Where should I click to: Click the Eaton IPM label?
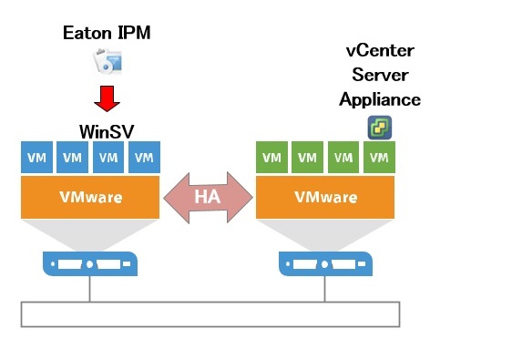[x=107, y=33]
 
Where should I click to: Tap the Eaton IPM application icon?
[x=108, y=62]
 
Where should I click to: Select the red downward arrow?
[x=108, y=96]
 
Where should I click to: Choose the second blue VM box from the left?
[x=72, y=157]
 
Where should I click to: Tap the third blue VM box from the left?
[x=108, y=157]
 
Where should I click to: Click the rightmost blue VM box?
[x=143, y=157]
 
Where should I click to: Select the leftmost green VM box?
[x=271, y=157]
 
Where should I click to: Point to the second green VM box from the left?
[x=307, y=157]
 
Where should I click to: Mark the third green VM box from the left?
[x=343, y=157]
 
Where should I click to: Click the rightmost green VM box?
[x=377, y=157]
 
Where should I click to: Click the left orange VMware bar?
[x=89, y=196]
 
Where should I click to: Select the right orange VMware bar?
[x=324, y=196]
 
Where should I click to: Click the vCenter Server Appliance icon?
[x=379, y=127]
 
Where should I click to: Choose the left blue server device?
[x=89, y=263]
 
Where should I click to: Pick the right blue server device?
[x=324, y=263]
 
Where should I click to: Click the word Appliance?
[x=380, y=99]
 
